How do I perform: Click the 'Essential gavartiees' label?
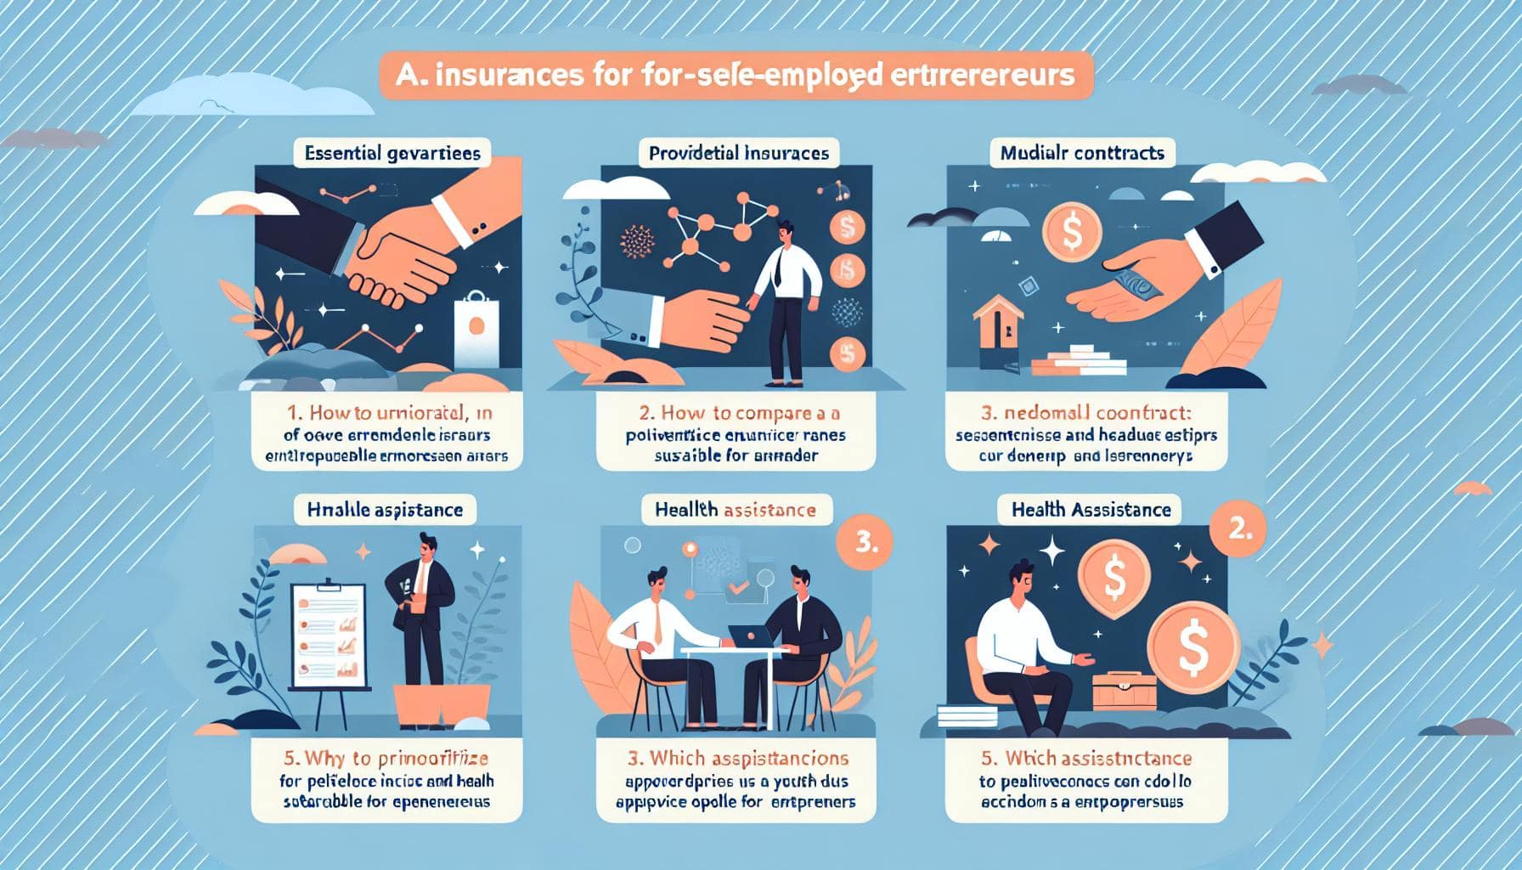(392, 154)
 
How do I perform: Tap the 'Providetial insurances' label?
(738, 154)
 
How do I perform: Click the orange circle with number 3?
(865, 545)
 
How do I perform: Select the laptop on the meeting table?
(748, 636)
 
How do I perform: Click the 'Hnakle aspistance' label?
(385, 510)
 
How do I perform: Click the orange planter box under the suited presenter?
(442, 702)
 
